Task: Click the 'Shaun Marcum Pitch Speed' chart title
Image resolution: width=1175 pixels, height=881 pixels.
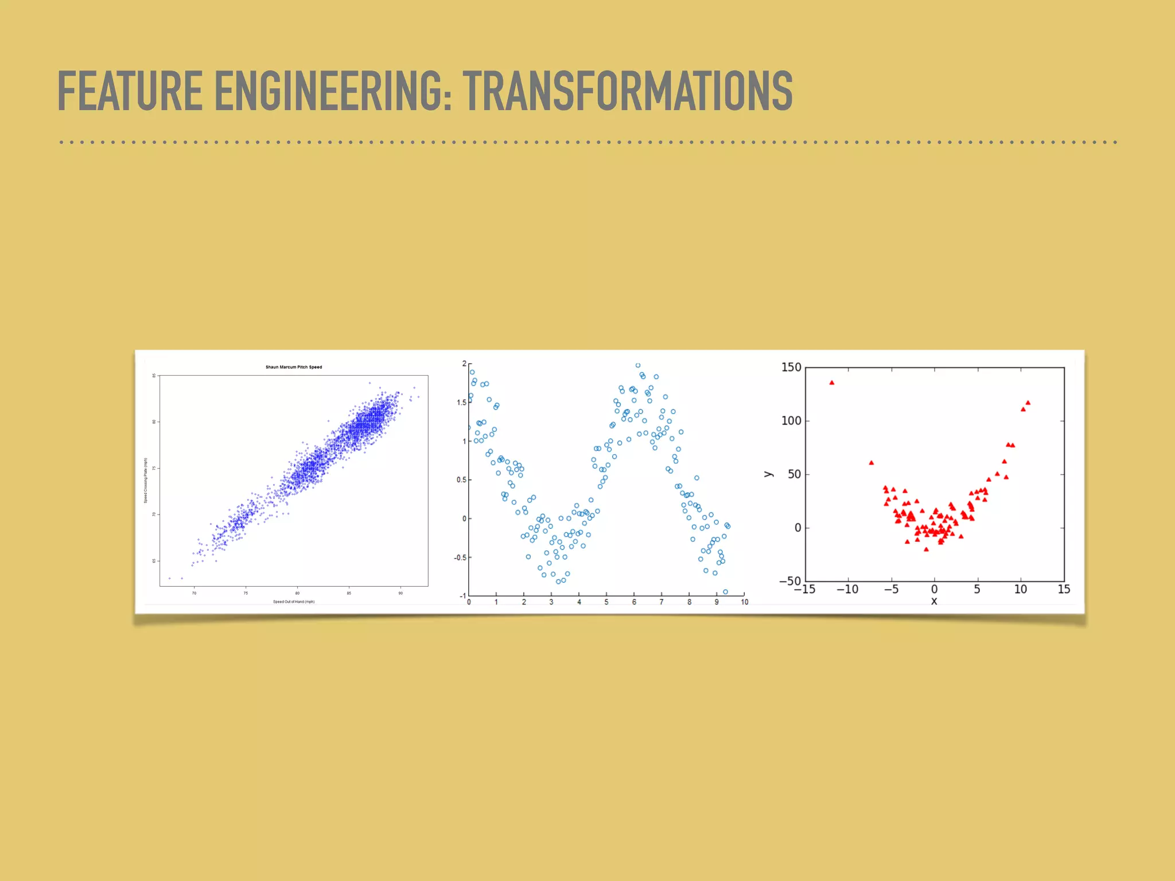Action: [294, 367]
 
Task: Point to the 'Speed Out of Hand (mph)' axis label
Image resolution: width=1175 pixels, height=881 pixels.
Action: [294, 602]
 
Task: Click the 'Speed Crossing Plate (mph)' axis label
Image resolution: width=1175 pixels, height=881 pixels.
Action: [146, 481]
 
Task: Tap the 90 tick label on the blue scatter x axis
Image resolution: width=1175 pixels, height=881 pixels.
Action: [400, 593]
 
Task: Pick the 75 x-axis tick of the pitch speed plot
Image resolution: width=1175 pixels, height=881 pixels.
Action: [246, 593]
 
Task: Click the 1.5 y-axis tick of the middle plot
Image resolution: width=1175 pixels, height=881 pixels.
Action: [461, 403]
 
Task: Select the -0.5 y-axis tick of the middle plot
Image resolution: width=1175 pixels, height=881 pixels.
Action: [460, 558]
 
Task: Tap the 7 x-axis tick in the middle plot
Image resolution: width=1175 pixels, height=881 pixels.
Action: [662, 602]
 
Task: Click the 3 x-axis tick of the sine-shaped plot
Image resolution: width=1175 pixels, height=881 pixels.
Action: [551, 602]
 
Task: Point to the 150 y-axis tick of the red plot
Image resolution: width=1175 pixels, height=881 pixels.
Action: [791, 367]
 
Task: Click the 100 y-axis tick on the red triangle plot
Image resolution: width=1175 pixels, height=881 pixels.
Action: [791, 420]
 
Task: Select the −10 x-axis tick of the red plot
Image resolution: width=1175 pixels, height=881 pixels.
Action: [847, 590]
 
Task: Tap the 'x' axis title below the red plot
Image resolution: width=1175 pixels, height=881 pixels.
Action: [934, 601]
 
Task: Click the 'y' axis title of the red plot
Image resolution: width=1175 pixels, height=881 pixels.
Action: [769, 474]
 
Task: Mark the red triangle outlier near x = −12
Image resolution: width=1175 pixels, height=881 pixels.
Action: [832, 383]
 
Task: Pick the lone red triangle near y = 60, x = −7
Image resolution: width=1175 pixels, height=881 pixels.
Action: [871, 463]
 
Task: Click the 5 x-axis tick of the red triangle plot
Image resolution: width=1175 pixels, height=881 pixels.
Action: [977, 590]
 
